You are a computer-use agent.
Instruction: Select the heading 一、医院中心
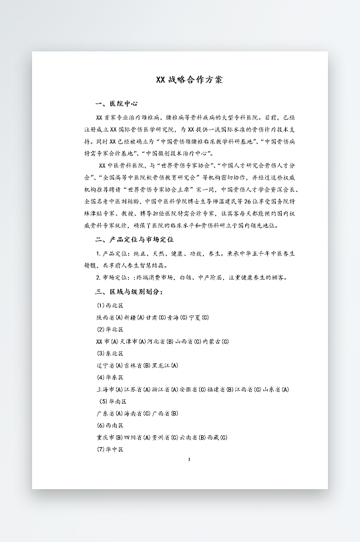(117, 104)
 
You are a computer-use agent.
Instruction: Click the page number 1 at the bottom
(189, 459)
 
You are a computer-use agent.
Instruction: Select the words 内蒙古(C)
(215, 341)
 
